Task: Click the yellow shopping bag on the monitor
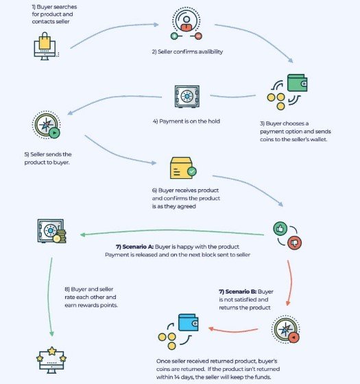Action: (x=45, y=41)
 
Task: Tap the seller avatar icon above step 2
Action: (x=187, y=24)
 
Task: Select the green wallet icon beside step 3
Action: (x=298, y=83)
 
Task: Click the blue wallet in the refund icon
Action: (x=189, y=322)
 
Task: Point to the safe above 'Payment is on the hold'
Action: (x=187, y=97)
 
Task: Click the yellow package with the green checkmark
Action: (x=183, y=168)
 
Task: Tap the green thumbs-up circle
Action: (x=280, y=229)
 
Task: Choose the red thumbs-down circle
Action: (x=294, y=243)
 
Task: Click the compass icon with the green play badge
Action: (x=47, y=125)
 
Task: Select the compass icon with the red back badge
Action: (x=285, y=329)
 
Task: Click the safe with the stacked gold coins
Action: (x=51, y=231)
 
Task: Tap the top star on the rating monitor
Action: (x=52, y=351)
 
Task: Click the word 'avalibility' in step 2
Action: (x=211, y=51)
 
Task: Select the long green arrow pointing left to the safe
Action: (x=172, y=230)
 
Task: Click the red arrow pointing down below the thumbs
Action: (x=291, y=283)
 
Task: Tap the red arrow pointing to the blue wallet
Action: (x=233, y=331)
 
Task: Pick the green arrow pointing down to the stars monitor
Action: (x=49, y=297)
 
